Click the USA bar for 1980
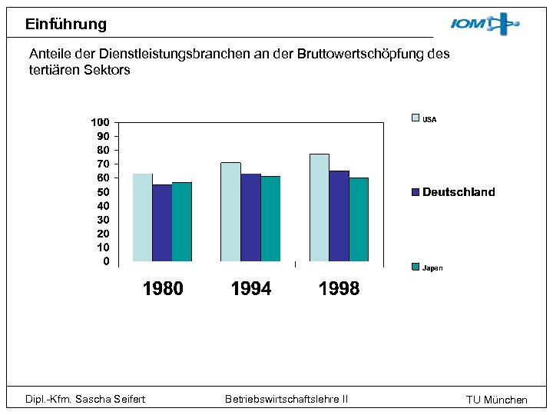(142, 217)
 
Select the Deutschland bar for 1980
(162, 223)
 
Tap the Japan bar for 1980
(182, 221)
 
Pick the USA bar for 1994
(230, 212)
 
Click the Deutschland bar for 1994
(250, 217)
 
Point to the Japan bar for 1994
(270, 219)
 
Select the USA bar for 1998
(320, 207)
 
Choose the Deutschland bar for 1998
(339, 216)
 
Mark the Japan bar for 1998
(359, 220)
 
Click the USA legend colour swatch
(416, 118)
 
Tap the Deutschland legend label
(459, 192)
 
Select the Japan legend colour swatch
(416, 267)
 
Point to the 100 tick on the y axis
(100, 122)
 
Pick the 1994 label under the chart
(251, 289)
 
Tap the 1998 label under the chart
(339, 289)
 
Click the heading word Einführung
(66, 24)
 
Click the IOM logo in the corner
(485, 25)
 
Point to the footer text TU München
(497, 400)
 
